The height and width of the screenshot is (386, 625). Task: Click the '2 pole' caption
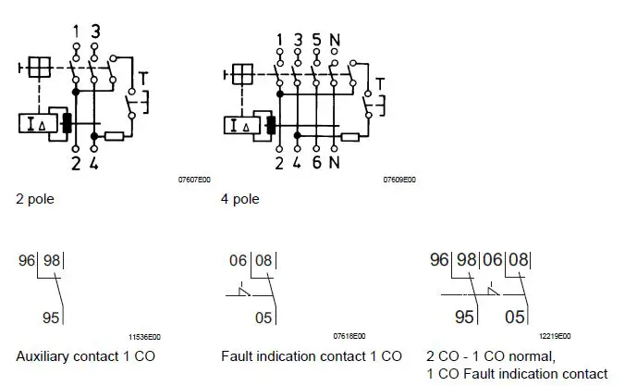coord(34,198)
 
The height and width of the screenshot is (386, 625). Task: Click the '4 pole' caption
coord(239,198)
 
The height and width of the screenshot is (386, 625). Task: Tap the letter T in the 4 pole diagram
coord(379,84)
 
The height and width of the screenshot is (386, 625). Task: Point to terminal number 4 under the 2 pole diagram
coord(94,165)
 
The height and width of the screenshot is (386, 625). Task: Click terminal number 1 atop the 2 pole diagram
coord(76,31)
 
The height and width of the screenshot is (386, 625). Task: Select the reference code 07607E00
coord(194,181)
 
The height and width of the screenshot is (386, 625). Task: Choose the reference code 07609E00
coord(399,181)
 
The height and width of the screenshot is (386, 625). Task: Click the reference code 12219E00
coord(555,336)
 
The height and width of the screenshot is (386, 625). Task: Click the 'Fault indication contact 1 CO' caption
coord(312,355)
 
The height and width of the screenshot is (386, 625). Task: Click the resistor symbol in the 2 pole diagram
coord(116,137)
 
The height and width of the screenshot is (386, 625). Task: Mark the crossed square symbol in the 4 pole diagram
coord(244,74)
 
